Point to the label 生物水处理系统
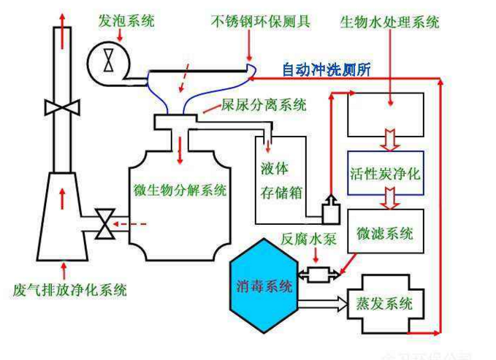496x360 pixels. (389, 21)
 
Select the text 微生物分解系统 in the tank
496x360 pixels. (180, 191)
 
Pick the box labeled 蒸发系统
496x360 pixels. (384, 302)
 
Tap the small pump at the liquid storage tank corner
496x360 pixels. (329, 210)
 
